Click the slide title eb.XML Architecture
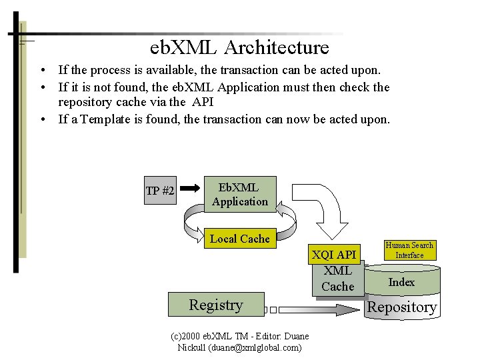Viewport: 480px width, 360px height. [239, 48]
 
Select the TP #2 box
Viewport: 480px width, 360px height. [160, 191]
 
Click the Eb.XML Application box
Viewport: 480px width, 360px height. [240, 194]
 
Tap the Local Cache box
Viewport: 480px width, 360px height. [240, 239]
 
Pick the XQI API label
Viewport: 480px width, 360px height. [334, 255]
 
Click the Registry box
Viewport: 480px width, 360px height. [216, 305]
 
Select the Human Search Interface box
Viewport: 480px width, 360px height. [409, 250]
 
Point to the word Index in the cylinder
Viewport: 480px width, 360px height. [401, 282]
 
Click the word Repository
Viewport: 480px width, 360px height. [402, 307]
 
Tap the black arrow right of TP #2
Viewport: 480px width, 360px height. [190, 189]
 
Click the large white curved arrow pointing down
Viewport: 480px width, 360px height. [333, 207]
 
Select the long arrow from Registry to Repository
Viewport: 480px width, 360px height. [313, 310]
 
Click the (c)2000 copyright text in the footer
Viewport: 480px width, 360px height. [193, 336]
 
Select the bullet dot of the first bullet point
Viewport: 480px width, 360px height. [42, 70]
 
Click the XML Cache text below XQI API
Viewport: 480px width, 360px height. [337, 279]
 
